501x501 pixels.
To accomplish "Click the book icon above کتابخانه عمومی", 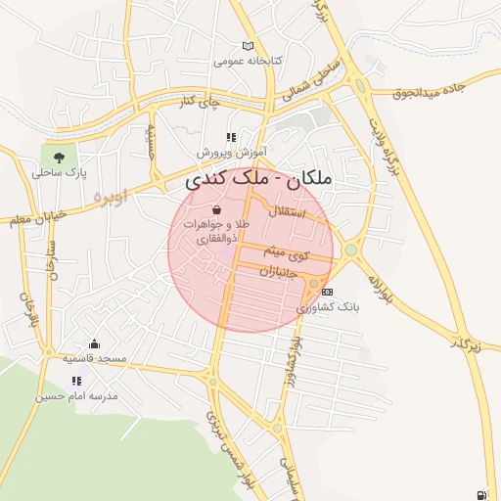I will (248, 45).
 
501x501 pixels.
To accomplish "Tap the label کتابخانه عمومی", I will (248, 61).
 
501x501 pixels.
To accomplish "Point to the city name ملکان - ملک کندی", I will (258, 179).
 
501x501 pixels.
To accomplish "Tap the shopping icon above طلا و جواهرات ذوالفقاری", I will (216, 209).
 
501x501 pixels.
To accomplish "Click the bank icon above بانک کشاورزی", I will (327, 291).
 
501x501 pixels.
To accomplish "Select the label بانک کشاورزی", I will (329, 306).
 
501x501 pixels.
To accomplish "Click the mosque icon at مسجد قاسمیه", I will (94, 343).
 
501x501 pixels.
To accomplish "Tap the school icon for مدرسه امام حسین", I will (76, 381).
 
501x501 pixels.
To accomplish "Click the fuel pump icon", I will (481, 495).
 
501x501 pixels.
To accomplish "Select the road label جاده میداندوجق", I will (437, 93).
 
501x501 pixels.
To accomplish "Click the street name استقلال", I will (287, 211).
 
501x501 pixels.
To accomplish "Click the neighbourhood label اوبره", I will (110, 196).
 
